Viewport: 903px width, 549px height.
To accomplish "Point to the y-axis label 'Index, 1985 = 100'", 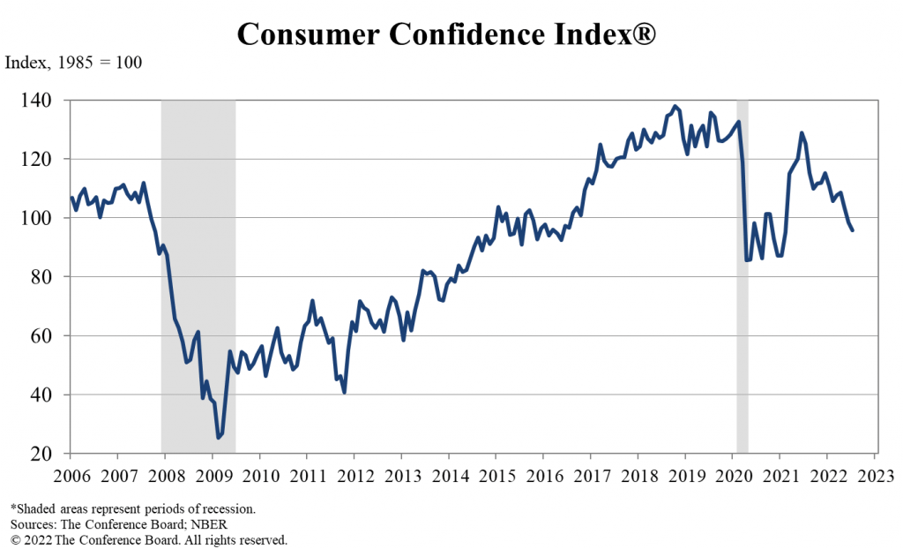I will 74,64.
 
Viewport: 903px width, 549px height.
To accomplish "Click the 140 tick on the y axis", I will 46,101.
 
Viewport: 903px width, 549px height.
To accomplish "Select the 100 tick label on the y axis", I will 46,218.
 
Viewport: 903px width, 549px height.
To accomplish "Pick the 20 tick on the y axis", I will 50,454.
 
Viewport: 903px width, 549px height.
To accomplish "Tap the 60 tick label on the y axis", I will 50,336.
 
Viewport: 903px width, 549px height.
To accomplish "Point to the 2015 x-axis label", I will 496,477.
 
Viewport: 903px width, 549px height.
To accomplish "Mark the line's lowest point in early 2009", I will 219,437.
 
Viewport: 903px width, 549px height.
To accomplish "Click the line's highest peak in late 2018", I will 675,107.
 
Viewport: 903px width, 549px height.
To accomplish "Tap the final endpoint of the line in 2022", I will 852,229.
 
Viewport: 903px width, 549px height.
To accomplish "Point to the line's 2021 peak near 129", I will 802,133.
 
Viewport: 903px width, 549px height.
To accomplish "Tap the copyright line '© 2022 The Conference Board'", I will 148,539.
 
